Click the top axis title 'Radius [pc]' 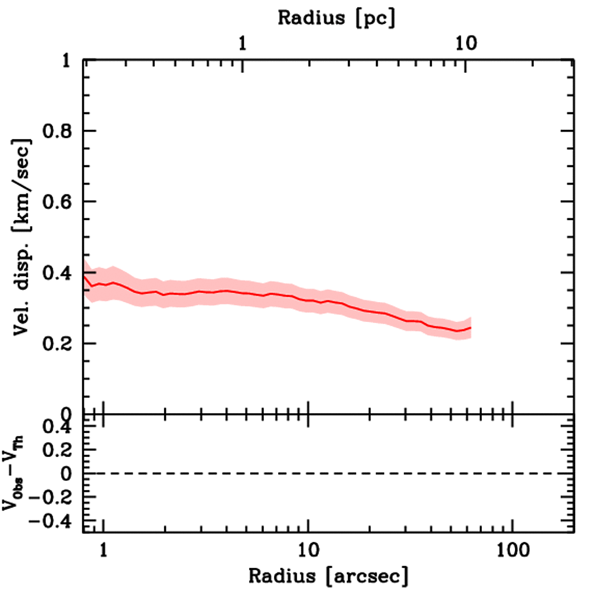(x=336, y=17)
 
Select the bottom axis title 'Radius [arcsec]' (x=328, y=576)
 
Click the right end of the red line (x=470, y=328)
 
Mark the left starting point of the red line (x=84, y=276)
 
